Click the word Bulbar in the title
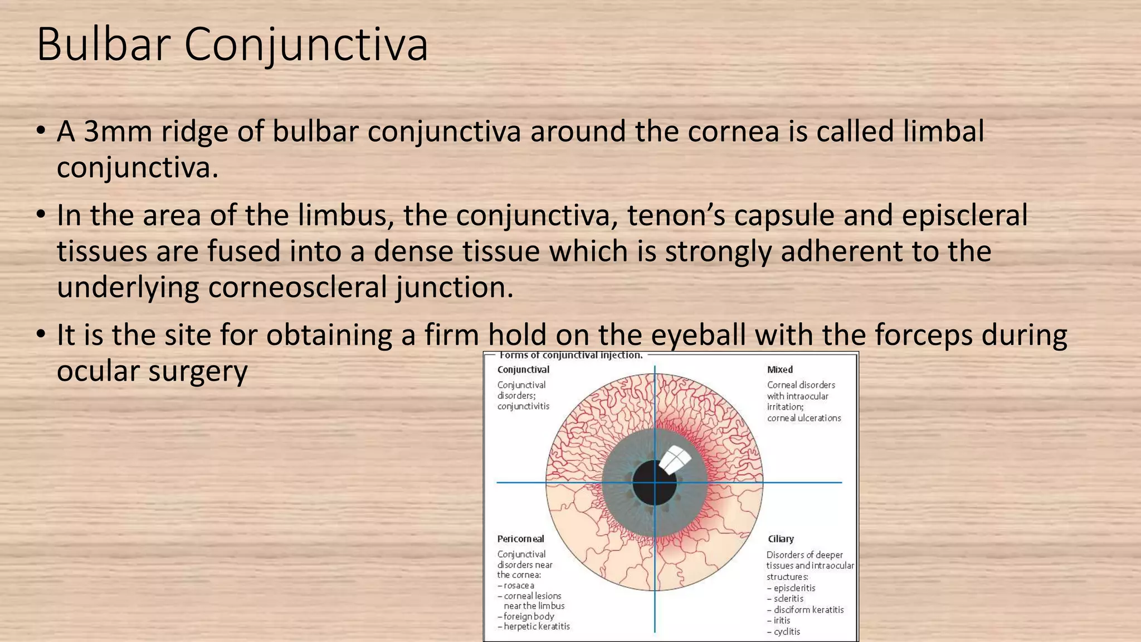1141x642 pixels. [x=104, y=45]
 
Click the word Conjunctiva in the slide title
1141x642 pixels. [x=306, y=45]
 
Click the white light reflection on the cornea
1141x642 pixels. [x=675, y=459]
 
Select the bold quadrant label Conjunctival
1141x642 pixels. [x=523, y=369]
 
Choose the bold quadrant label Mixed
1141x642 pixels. [x=779, y=369]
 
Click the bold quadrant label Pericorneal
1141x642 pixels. [x=520, y=539]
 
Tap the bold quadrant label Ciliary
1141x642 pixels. [x=781, y=539]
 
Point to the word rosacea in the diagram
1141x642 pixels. [x=519, y=586]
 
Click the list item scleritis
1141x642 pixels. [x=788, y=599]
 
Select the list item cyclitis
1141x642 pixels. [x=787, y=631]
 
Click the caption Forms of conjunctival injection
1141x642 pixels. [x=571, y=356]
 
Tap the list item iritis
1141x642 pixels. [x=782, y=620]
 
